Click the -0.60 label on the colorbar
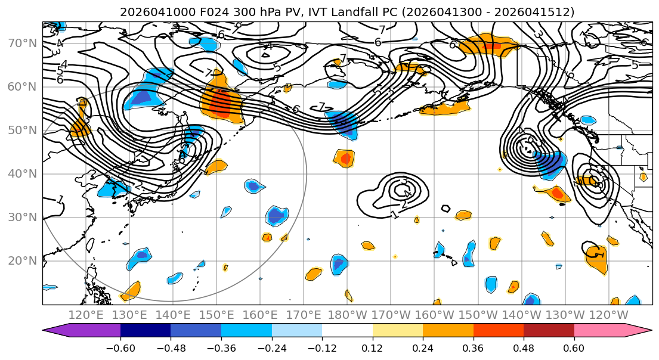click(x=120, y=347)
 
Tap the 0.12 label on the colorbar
click(x=372, y=347)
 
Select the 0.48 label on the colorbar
click(x=524, y=347)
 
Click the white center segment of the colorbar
click(x=347, y=331)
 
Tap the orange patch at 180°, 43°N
click(x=344, y=158)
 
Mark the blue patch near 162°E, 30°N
click(x=276, y=215)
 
